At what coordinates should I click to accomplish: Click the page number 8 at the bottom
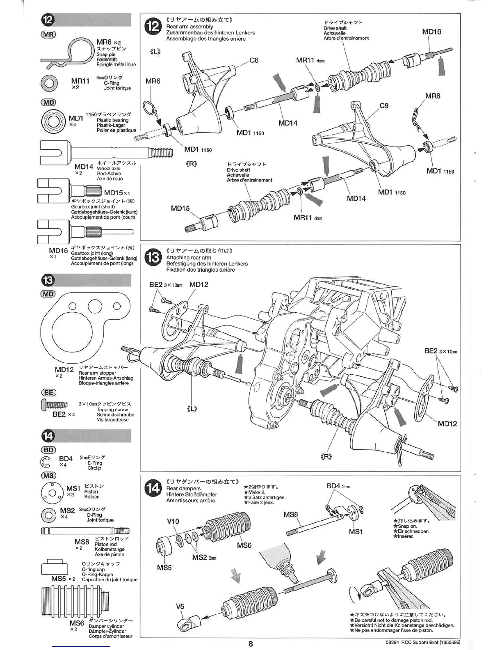[251, 643]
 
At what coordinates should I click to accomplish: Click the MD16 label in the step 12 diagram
[431, 32]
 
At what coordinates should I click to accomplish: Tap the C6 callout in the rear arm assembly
[254, 60]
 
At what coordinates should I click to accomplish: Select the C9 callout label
[384, 105]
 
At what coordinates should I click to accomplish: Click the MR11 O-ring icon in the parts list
[49, 83]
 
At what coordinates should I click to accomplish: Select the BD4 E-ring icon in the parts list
[46, 462]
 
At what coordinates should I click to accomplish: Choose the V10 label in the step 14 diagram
[173, 522]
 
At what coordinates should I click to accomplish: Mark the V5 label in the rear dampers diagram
[180, 606]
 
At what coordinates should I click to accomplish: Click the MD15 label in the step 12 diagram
[180, 208]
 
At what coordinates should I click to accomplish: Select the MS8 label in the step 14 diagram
[290, 515]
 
